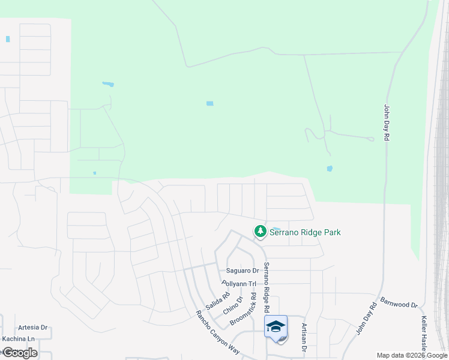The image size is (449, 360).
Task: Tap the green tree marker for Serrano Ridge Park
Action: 260,231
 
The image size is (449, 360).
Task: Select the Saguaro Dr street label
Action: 242,271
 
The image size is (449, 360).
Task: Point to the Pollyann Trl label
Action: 238,283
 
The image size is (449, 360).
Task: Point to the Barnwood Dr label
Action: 399,302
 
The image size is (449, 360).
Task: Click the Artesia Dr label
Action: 33,328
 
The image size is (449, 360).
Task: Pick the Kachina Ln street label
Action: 18,339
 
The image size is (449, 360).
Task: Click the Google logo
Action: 19,353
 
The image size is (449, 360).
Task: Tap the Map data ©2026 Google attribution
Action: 411,355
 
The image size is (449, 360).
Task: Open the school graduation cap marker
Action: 276,327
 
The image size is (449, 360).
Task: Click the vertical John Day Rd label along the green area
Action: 387,123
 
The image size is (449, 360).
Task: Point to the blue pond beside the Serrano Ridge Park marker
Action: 276,229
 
